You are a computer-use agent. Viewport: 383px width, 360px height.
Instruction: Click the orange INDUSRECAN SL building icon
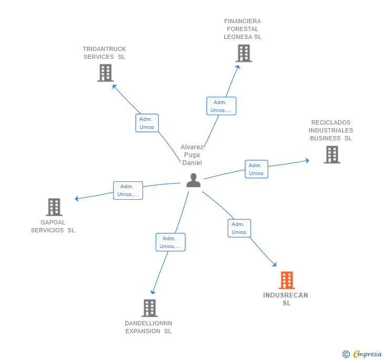coord(287,280)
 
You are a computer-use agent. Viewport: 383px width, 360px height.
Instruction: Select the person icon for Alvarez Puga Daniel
coord(194,180)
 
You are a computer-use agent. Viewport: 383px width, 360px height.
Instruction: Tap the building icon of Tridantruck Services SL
coord(106,73)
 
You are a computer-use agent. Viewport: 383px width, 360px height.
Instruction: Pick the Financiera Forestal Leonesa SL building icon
coord(244,53)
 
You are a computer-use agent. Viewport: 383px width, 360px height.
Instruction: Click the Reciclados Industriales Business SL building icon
coord(332,155)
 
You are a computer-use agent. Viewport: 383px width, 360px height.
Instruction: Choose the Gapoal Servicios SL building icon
coord(54,207)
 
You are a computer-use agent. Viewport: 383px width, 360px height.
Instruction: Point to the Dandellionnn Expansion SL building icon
coord(149,308)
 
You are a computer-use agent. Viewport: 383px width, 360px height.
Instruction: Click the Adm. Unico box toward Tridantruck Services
coord(147,123)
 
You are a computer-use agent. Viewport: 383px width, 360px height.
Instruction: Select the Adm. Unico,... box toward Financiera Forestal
coord(221,106)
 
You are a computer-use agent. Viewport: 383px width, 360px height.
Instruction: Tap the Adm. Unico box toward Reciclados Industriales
coord(257,169)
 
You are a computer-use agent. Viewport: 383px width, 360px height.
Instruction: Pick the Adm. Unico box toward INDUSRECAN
coord(239,228)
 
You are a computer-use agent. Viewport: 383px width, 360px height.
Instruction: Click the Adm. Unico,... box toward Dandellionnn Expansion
coord(170,242)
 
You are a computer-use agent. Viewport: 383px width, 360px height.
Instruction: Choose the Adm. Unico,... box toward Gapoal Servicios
coord(128,190)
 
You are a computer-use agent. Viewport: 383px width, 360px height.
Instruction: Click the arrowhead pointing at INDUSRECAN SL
coord(274,264)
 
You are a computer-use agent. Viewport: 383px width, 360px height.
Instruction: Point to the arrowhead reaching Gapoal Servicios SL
coord(76,199)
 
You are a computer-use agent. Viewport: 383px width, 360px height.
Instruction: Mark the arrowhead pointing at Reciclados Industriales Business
coord(307,161)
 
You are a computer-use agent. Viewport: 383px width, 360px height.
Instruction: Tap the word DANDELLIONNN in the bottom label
coord(148,323)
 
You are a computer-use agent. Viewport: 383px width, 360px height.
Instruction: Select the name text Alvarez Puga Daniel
coord(192,155)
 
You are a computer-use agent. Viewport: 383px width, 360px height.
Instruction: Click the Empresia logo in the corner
coord(362,354)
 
